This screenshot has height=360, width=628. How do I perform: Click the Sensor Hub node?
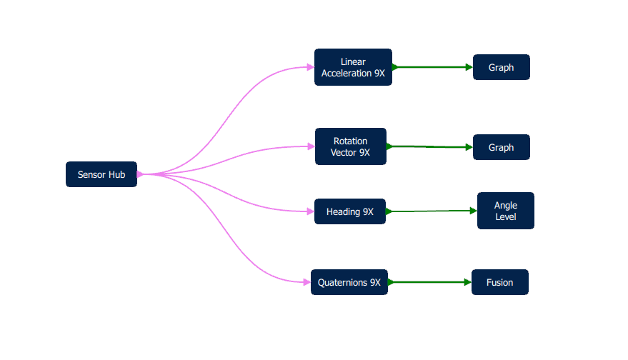click(101, 174)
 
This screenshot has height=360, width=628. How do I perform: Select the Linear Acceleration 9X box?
click(353, 67)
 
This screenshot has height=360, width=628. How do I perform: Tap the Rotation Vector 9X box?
click(350, 146)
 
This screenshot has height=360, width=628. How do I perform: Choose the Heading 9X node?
click(349, 211)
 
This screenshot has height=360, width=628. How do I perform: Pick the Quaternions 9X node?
click(349, 282)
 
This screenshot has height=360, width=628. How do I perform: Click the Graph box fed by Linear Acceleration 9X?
click(501, 67)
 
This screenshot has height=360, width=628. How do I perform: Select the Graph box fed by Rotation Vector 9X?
click(501, 147)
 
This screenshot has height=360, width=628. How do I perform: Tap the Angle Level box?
click(505, 211)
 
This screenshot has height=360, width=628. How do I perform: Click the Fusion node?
click(499, 282)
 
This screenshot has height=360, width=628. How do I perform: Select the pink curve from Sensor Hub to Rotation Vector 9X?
click(236, 152)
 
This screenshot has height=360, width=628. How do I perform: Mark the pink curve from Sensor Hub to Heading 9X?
click(236, 200)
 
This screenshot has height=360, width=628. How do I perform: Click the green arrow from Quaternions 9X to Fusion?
click(429, 282)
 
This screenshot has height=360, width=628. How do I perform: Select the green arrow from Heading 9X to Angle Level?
click(429, 211)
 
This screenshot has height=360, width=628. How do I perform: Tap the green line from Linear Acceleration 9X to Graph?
click(432, 67)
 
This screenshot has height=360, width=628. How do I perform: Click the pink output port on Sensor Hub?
click(139, 174)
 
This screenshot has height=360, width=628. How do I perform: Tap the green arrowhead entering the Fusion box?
click(468, 282)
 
